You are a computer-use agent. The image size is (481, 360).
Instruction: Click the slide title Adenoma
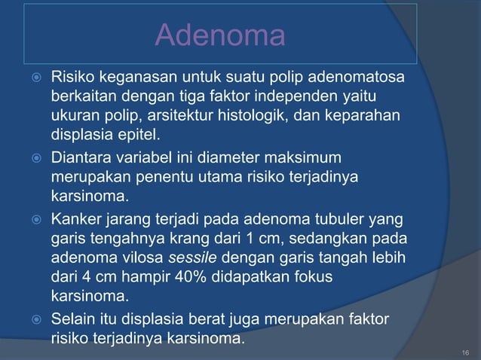[219, 35]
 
